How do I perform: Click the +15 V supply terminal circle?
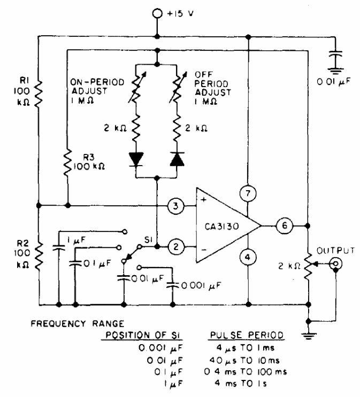coord(157,13)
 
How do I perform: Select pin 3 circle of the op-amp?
coord(175,206)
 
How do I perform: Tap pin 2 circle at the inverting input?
coord(176,247)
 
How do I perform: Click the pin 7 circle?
coord(248,193)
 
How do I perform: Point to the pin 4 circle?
coord(248,258)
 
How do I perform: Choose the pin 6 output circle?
coord(285,225)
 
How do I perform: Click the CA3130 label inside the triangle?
coord(222,226)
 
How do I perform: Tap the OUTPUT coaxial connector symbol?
coord(335,264)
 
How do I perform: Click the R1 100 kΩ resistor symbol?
coord(38,94)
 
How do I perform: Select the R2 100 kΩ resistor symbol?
coord(39,256)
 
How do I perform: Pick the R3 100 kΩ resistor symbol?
coord(67,162)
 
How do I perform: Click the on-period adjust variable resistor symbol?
coord(137,87)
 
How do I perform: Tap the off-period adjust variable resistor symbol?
coord(178,87)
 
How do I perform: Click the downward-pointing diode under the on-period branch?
coord(136,159)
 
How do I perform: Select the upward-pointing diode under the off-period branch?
coord(177,159)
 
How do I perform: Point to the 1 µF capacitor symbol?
coord(58,247)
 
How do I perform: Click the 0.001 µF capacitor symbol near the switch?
coord(173,285)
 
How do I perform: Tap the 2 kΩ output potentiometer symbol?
coord(308,266)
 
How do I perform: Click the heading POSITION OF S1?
coord(142,335)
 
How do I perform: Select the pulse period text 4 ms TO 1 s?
coord(241,383)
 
